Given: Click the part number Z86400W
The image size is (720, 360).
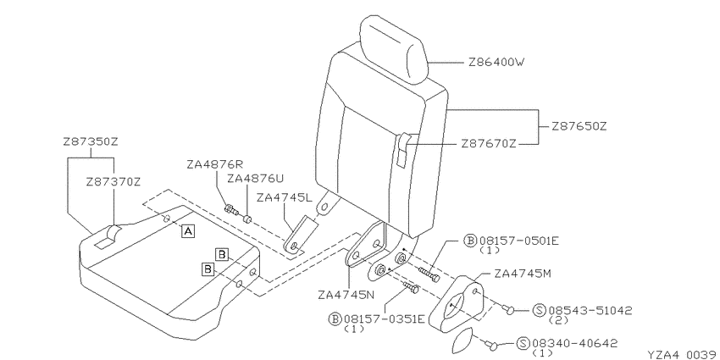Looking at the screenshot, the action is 496,62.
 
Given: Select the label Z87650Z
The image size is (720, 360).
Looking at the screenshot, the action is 579,126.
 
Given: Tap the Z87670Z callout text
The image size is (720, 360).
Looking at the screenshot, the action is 489,144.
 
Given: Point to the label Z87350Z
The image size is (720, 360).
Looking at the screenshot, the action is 91,141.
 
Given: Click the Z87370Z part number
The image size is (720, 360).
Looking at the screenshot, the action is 113,182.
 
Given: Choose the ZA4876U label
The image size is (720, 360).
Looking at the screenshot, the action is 255,178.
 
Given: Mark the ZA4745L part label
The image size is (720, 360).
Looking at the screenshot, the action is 285,198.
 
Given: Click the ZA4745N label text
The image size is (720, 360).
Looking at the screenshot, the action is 346,294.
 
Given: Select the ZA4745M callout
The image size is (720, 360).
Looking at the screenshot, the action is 523,274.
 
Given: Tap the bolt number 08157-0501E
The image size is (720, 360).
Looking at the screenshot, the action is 519,241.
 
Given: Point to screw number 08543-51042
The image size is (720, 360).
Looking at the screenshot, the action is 590,310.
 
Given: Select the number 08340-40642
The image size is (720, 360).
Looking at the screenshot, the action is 575,343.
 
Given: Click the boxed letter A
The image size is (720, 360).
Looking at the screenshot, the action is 188,231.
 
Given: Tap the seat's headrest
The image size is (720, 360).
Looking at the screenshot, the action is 394,48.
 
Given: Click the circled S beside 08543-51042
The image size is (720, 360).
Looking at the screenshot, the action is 540,311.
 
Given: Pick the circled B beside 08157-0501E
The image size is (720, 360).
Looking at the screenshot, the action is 470,241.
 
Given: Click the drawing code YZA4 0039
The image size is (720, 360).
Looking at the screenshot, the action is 684,354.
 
